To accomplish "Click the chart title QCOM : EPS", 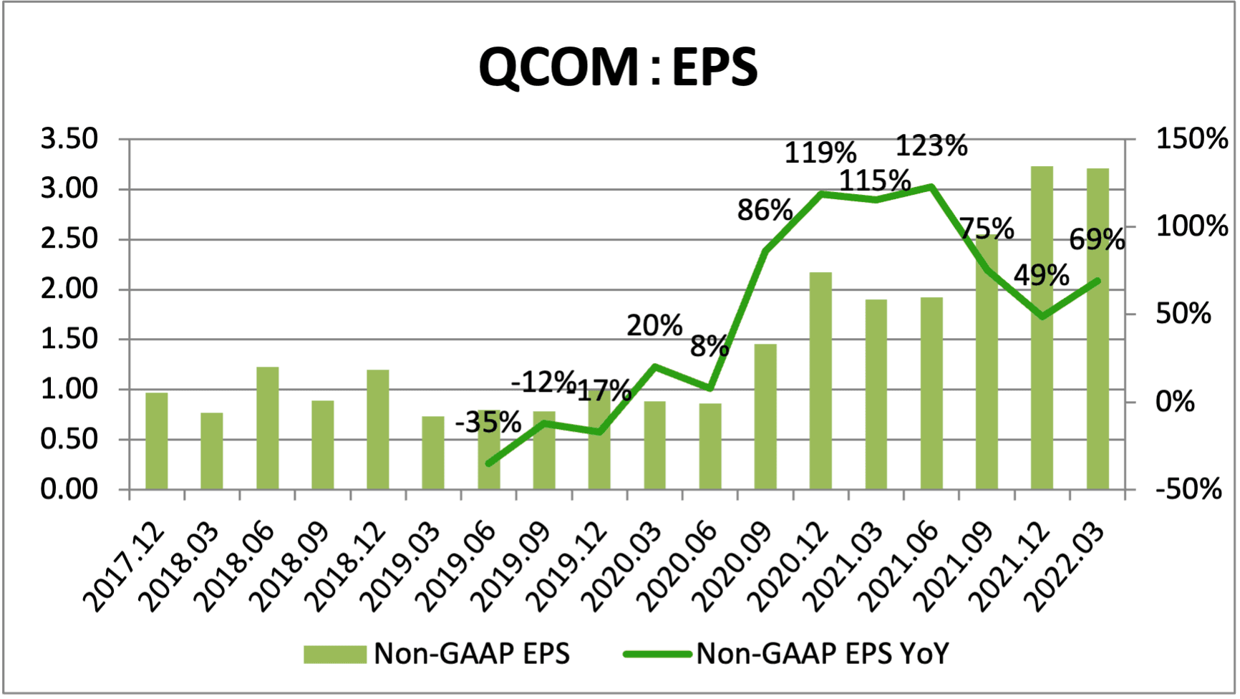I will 618,67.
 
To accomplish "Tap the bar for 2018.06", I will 267,428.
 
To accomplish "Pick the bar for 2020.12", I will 820,381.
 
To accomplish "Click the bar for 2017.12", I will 157,441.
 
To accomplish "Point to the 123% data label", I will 931,146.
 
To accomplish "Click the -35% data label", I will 488,423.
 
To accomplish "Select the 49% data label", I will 1042,276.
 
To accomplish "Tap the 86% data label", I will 765,211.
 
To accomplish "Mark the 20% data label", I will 654,326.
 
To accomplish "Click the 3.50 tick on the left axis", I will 69,139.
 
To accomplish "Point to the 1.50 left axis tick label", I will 69,339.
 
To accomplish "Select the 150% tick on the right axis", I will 1191,139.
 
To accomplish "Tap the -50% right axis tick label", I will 1188,490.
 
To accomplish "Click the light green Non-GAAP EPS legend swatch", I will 334,654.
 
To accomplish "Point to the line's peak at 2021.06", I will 931,187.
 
